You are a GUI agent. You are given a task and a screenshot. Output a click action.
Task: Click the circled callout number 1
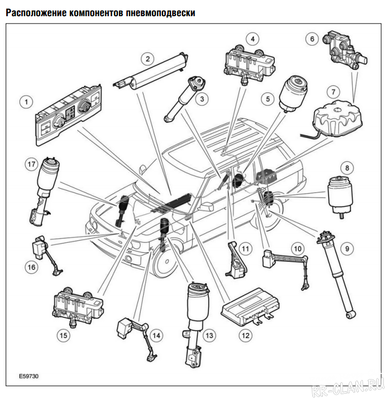25,102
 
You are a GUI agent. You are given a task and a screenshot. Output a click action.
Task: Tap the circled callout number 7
334,90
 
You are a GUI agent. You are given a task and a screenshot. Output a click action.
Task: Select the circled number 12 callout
244,335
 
